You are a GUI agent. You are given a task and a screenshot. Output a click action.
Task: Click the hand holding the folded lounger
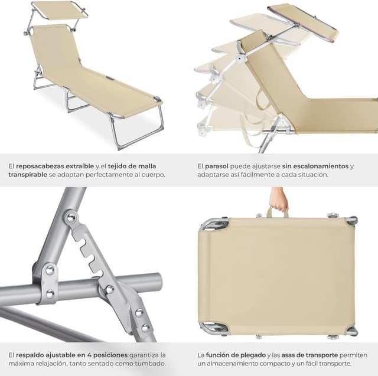coord(278,200)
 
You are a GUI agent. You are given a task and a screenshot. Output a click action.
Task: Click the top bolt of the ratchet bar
coord(71,218)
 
